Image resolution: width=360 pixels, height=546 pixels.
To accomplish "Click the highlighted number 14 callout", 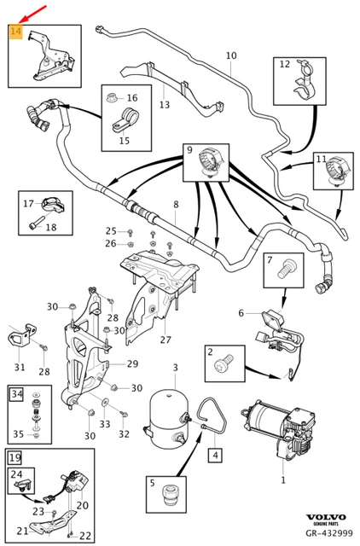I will point(15,33).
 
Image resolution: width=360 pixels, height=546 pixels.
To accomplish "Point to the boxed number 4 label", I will point(216,456).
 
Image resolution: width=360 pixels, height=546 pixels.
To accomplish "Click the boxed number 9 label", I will point(189,151).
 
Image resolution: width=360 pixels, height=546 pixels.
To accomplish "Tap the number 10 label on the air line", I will point(230,56).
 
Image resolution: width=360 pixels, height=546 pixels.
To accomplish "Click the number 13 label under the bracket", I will point(164,105).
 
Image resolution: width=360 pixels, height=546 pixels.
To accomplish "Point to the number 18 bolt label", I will point(50,227).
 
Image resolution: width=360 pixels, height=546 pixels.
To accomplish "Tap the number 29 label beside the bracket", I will point(132,364).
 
